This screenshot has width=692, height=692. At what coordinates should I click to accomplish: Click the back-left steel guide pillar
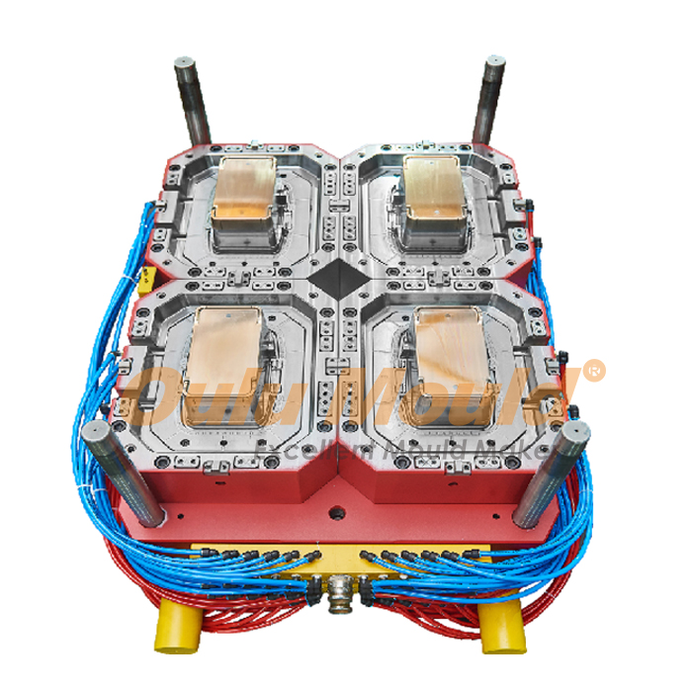[x=191, y=99]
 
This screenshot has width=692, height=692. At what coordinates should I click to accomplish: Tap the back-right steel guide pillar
[x=489, y=99]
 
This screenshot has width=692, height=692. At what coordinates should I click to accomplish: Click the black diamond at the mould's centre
[x=339, y=276]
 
